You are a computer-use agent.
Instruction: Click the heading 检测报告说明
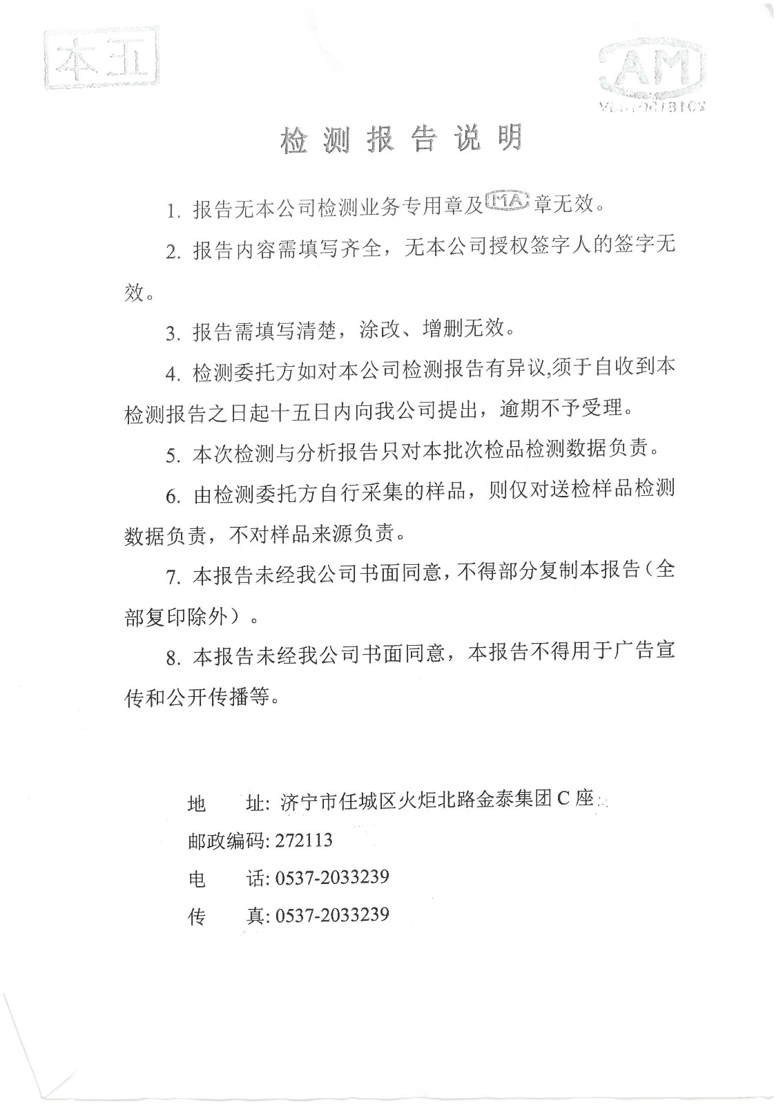point(401,140)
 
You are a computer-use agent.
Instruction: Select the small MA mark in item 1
point(508,202)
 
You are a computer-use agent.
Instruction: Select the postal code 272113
point(304,840)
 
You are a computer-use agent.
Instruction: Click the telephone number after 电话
point(332,878)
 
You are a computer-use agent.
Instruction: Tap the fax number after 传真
point(332,915)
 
